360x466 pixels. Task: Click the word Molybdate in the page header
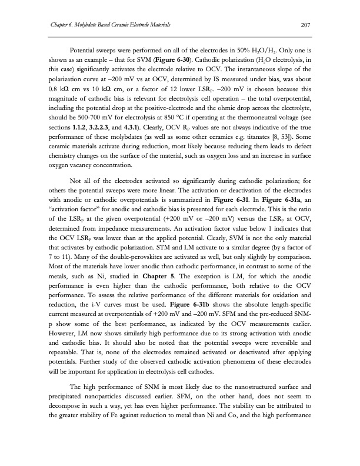coord(82,24)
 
